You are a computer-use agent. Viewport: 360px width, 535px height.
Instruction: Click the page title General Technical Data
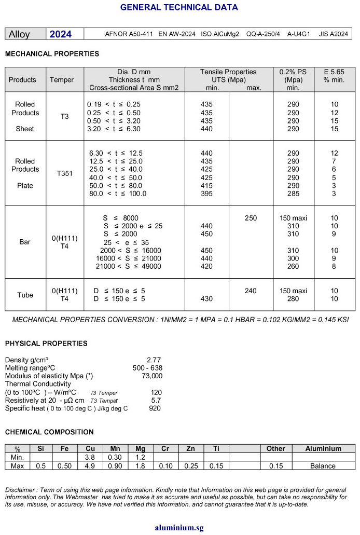(x=179, y=7)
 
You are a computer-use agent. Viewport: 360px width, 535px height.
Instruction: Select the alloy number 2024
(x=60, y=34)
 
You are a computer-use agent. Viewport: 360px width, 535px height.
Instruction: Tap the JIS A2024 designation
(x=333, y=34)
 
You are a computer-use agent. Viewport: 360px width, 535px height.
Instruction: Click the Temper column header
(x=62, y=80)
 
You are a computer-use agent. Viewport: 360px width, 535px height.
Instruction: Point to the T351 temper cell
(x=65, y=173)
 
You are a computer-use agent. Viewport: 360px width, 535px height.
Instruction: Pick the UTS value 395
(x=206, y=194)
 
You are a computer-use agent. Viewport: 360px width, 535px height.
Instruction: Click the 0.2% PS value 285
(x=293, y=194)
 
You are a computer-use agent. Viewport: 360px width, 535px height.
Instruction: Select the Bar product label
(x=25, y=242)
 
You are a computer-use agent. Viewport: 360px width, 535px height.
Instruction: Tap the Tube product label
(x=25, y=295)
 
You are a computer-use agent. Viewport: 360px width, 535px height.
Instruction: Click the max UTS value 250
(x=251, y=218)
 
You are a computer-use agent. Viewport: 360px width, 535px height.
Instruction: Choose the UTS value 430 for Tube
(x=206, y=299)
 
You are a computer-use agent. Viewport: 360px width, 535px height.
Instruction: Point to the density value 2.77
(x=154, y=359)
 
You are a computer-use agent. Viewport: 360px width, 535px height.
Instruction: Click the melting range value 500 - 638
(x=147, y=367)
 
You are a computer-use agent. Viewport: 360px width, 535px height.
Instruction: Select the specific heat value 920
(x=155, y=408)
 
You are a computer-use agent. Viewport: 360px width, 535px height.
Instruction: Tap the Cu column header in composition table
(x=90, y=448)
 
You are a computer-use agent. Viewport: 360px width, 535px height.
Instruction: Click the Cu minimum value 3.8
(x=90, y=457)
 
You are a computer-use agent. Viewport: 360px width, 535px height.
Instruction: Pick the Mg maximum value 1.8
(x=140, y=466)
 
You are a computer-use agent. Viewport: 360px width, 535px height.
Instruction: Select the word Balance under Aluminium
(x=323, y=466)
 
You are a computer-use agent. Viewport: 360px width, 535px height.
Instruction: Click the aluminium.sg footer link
(x=179, y=528)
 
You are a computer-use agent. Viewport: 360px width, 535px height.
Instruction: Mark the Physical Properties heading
(x=46, y=344)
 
